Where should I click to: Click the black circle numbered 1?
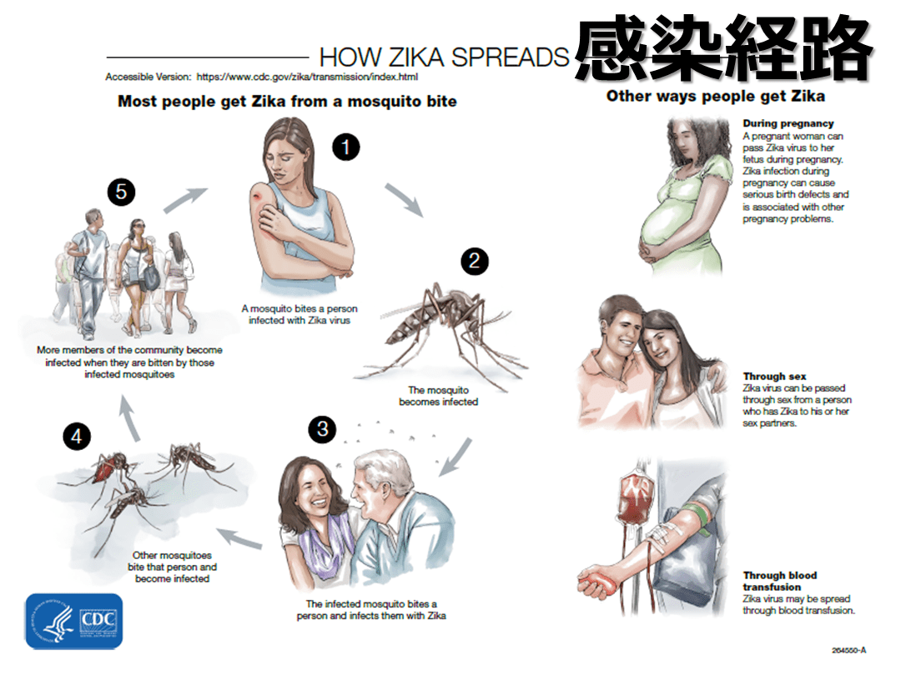[346, 147]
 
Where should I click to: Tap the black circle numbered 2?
[475, 261]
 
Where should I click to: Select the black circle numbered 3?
[322, 429]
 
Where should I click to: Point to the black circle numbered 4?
[77, 437]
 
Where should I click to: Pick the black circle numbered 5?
[121, 192]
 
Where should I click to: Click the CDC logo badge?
[74, 621]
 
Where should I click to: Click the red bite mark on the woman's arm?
[256, 197]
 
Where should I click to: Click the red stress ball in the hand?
[597, 584]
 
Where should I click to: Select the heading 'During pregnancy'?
[788, 123]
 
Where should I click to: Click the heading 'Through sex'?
[774, 377]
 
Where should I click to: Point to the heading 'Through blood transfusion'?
[779, 581]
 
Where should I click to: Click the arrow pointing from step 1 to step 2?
[405, 200]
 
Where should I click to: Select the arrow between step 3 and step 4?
[239, 538]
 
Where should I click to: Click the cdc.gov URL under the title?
[307, 77]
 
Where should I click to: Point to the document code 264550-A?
[848, 650]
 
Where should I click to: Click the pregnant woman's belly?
[669, 225]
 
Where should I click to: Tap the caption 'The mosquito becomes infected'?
[439, 396]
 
